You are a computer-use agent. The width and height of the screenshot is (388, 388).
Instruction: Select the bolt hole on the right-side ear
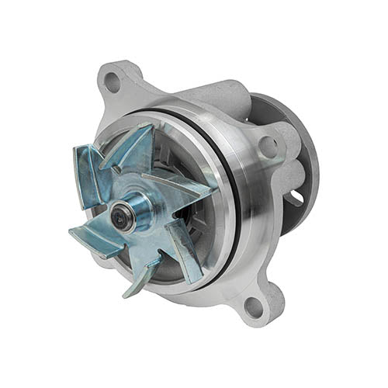[x=267, y=145]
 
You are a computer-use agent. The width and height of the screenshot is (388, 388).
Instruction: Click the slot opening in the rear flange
[x=296, y=197]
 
